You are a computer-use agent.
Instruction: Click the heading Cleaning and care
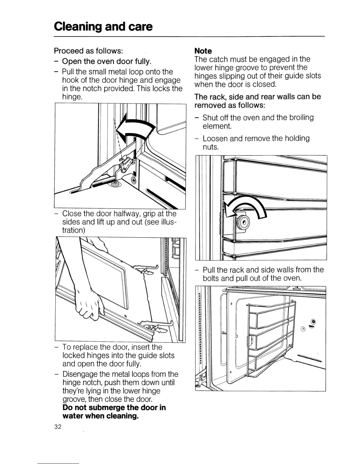[x=103, y=27]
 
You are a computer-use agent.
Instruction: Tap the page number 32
[x=58, y=427]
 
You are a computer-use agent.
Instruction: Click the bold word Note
[x=203, y=51]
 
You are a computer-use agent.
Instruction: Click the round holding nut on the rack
[x=243, y=222]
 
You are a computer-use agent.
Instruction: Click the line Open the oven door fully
[x=107, y=61]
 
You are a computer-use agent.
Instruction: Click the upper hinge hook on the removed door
[x=146, y=268]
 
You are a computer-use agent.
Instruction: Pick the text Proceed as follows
[x=88, y=51]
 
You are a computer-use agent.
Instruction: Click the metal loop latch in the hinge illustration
[x=125, y=164]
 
